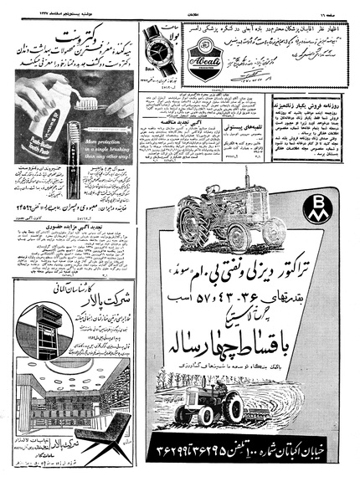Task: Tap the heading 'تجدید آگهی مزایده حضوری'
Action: [x=71, y=246]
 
